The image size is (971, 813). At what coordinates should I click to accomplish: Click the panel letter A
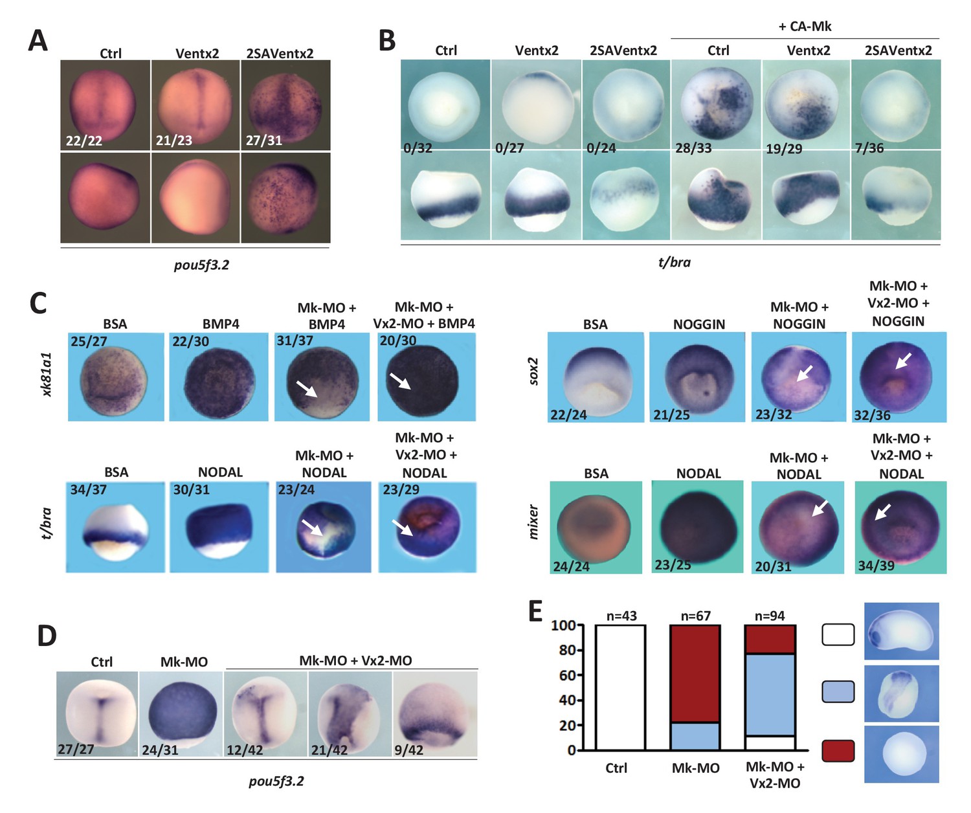(x=38, y=41)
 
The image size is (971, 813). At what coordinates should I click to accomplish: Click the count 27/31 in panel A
(x=264, y=140)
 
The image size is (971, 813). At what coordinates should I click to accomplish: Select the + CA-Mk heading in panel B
(x=805, y=27)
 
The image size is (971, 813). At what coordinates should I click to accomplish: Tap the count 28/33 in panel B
(x=693, y=148)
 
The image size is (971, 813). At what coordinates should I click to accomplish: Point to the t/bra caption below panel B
(x=674, y=262)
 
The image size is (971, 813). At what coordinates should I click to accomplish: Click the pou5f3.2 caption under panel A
(x=201, y=265)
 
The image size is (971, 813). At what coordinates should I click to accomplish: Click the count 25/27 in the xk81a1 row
(x=89, y=341)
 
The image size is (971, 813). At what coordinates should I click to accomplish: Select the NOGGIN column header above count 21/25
(x=698, y=324)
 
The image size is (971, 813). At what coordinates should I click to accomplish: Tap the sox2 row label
(x=534, y=371)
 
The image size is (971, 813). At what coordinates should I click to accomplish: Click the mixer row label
(x=534, y=522)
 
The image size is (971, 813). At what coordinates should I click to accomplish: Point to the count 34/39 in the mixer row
(x=876, y=566)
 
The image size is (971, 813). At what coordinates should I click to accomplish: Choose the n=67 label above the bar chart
(x=695, y=616)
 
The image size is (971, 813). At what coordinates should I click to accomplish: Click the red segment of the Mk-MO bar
(x=695, y=673)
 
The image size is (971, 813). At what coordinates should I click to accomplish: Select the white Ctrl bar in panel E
(x=620, y=687)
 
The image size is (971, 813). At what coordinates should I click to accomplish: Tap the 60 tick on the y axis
(x=567, y=675)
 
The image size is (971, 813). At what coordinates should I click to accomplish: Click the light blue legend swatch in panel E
(x=838, y=692)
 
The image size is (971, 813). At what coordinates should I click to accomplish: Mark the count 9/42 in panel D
(x=408, y=750)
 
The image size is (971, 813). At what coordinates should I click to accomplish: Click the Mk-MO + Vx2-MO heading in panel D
(x=355, y=661)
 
